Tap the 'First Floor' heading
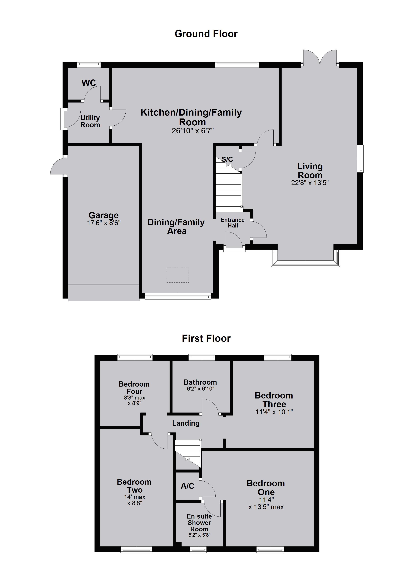point(206,338)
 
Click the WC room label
point(89,83)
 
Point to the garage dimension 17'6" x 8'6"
point(104,223)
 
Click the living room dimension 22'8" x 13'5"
point(310,183)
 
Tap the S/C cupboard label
point(227,159)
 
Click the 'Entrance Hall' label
point(233,223)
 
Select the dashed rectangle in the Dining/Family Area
point(177,275)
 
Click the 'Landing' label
point(186,423)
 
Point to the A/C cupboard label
point(188,486)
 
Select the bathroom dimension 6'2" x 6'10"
point(200,388)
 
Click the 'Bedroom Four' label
point(134,388)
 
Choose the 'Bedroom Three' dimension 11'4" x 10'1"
point(274,412)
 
